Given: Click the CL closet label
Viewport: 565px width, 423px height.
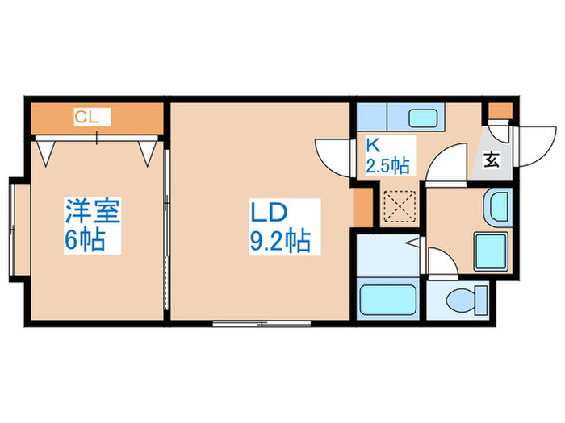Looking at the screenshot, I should point(86,118).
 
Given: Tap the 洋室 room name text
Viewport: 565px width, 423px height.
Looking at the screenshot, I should point(93,214).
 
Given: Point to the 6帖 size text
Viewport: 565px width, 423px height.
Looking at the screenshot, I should point(86,240).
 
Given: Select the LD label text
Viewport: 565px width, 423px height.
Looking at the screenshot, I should point(268,214).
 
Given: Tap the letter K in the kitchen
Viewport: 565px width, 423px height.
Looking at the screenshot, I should point(373,146).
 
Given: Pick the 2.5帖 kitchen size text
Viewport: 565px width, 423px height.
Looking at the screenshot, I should point(387,167).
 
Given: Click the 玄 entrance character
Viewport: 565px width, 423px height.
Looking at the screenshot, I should point(491,159).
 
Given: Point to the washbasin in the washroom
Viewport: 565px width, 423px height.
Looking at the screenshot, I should point(496,209).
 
